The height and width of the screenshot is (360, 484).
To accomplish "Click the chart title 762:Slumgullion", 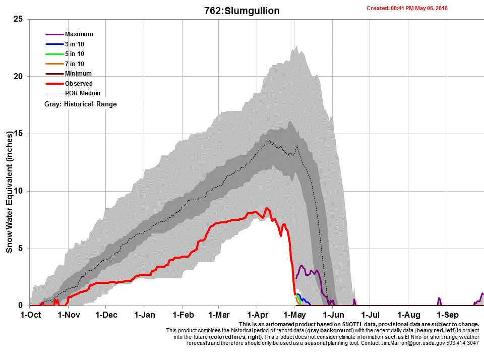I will (241, 11).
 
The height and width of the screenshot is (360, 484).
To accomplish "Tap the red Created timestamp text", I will (407, 8).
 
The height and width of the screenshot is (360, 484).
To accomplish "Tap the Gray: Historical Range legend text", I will (81, 104).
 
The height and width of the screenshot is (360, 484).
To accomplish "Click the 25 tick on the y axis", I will (19, 19).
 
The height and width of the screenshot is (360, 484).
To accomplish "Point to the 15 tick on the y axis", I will (19, 134).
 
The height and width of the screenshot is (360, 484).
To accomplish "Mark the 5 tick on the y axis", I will (21, 249).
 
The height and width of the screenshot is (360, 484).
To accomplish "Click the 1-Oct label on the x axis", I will (30, 315).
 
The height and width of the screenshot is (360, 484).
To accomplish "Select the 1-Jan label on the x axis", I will (144, 315).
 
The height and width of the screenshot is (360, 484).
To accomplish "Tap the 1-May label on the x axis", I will (294, 315).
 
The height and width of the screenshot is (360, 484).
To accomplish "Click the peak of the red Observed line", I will (267, 208).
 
